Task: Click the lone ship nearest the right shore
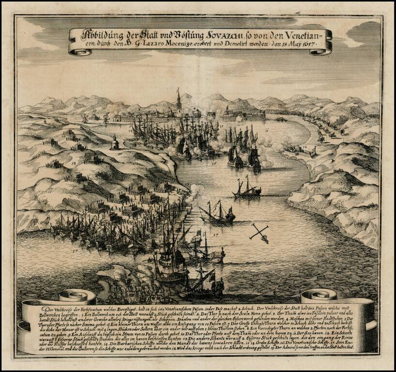pyautogui.click(x=246, y=190)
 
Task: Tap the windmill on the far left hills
pyautogui.click(x=85, y=118)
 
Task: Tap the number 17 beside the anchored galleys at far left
pyautogui.click(x=74, y=251)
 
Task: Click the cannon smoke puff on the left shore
pyautogui.click(x=196, y=190)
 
